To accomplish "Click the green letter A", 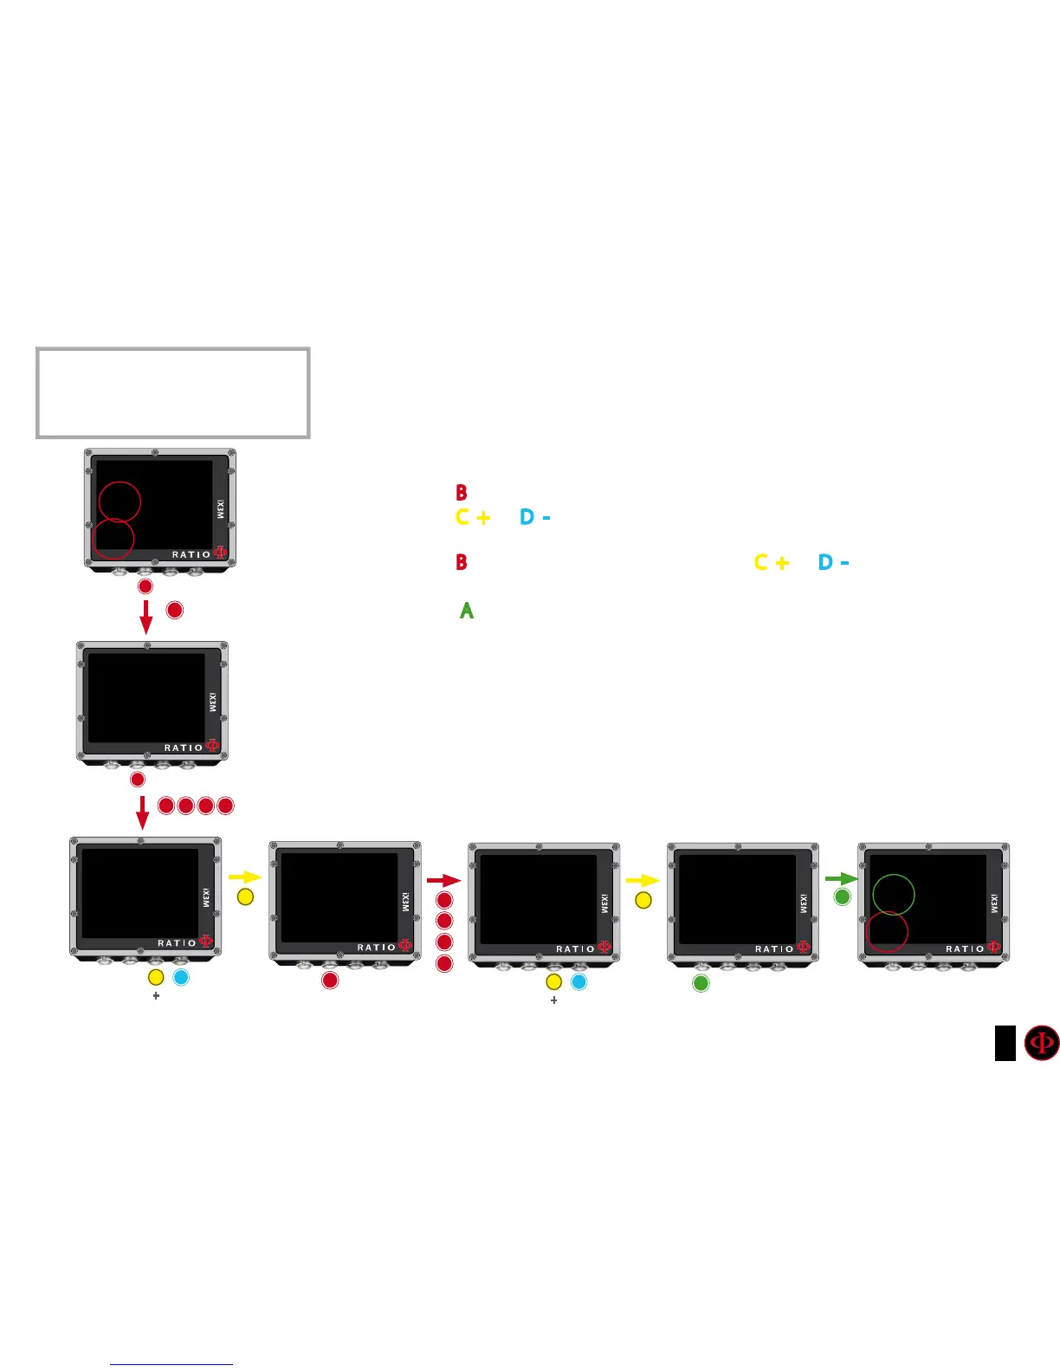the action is pos(466,611).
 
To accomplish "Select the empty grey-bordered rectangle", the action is pos(173,393).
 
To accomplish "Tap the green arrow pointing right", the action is pos(840,878).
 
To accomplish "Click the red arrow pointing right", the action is pos(443,880).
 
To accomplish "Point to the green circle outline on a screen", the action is pos(893,895).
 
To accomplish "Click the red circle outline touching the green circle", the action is pos(887,932).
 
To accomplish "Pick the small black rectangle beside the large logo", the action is pos(1005,1043).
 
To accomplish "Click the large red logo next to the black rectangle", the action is pos(1042,1043).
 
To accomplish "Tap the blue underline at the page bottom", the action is pos(171,1364).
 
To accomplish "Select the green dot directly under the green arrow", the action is pos(842,897).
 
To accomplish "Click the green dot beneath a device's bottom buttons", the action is pos(701,983).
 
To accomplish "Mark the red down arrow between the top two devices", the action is pos(146,615).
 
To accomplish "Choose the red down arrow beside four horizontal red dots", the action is pos(143,812).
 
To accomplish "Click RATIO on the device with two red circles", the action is pos(191,554).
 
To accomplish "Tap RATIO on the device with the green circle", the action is pos(964,948).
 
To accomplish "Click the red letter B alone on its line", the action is pos(462,493).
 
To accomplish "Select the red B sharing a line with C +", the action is pos(462,562).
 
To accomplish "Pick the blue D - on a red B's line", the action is pos(833,562).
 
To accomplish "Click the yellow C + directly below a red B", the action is pos(473,517).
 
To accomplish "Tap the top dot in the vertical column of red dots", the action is pos(444,901).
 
